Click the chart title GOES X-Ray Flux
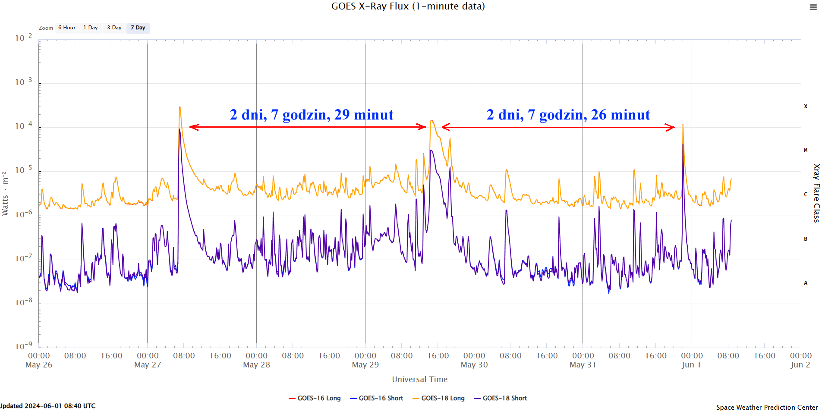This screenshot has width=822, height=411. pos(408,6)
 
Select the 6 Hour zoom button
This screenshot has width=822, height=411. pos(67,28)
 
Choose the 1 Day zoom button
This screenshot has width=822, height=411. pos(91,28)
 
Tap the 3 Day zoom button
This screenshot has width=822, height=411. pos(114,28)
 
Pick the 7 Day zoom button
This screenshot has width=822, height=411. pos(138,28)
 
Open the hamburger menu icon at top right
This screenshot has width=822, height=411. pos(813,7)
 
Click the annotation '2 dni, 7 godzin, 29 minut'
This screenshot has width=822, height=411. pos(312,115)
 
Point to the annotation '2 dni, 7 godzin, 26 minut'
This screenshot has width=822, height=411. pos(568,115)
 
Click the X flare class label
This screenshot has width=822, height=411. pos(805,107)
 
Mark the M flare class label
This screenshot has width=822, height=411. pos(805,151)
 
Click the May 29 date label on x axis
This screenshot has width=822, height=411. pos(365,365)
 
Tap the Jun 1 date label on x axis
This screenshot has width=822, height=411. pos(691,365)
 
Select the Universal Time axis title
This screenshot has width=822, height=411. pos(419,380)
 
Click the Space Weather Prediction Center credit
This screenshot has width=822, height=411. pos(767,407)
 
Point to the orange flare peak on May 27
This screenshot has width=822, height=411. pos(180,107)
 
